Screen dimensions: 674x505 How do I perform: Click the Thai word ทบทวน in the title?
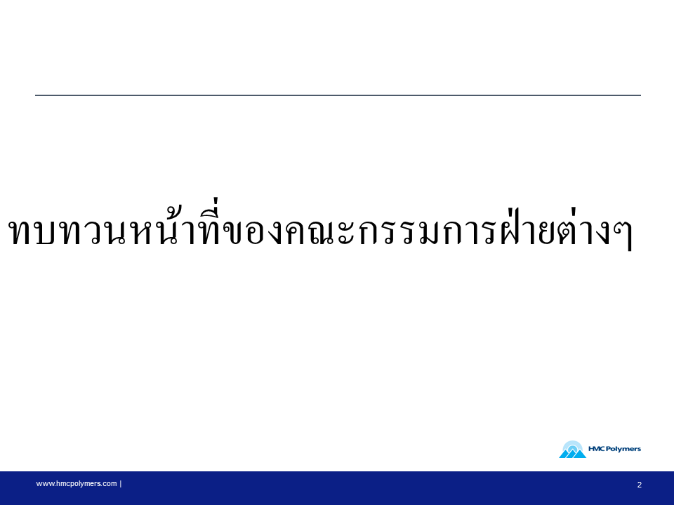(x=68, y=232)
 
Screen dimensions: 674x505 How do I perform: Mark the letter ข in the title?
(x=234, y=233)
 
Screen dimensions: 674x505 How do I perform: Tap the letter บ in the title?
(x=45, y=233)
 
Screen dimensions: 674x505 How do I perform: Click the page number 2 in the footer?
(x=639, y=485)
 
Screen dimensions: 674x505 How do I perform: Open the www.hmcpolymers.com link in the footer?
(x=76, y=483)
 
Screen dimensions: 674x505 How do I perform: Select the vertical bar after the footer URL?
(x=121, y=483)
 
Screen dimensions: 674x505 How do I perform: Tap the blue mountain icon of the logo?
(x=573, y=450)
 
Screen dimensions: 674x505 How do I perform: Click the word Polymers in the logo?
(x=623, y=449)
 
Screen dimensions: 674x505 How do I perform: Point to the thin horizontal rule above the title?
(x=338, y=95)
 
